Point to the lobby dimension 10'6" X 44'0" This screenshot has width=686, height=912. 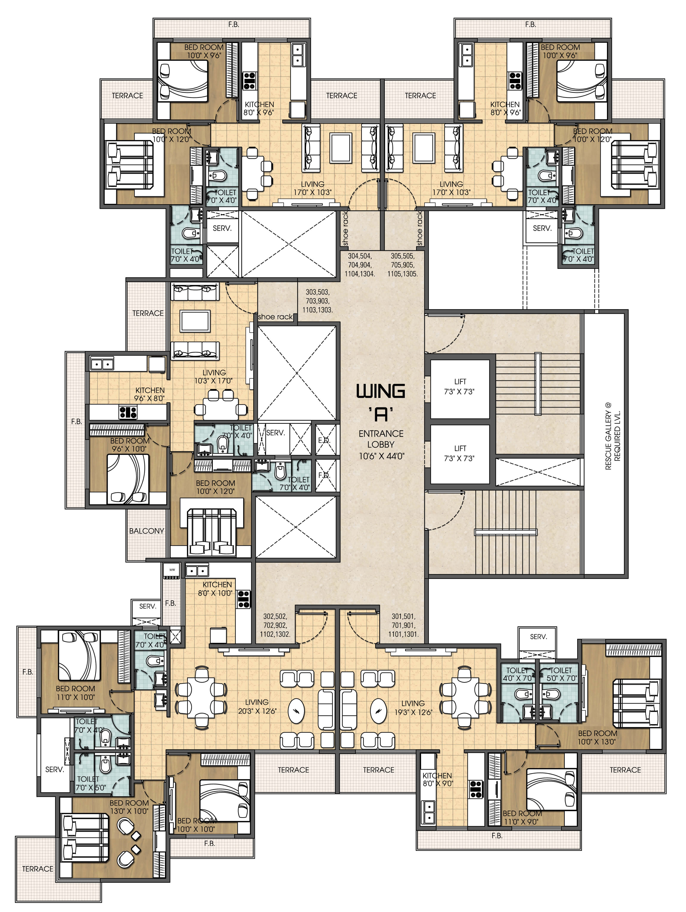pos(381,456)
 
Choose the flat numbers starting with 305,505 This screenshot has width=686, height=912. pos(402,265)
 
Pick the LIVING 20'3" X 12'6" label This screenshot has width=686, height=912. pos(257,706)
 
